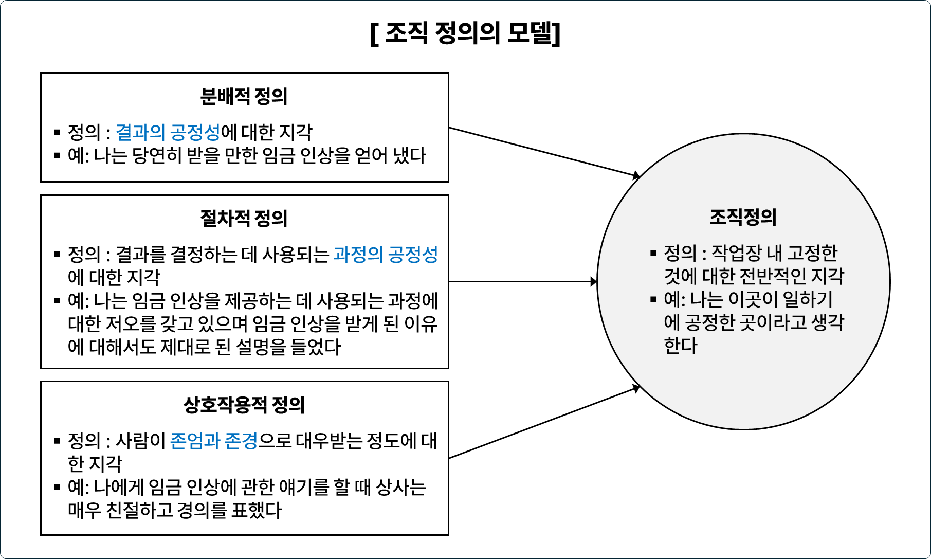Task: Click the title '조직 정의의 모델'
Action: point(465,34)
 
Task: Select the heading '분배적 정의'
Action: point(244,97)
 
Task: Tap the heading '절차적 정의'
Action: point(244,219)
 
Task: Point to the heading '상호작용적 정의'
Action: point(244,405)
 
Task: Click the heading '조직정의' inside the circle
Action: point(743,217)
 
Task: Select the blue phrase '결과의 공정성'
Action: point(168,133)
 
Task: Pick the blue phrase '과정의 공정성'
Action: point(386,255)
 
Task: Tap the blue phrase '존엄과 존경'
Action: point(213,441)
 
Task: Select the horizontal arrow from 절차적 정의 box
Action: point(522,282)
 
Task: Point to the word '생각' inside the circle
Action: point(827,323)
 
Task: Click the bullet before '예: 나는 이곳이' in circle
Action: point(653,299)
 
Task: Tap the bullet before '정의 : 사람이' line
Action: point(58,441)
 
